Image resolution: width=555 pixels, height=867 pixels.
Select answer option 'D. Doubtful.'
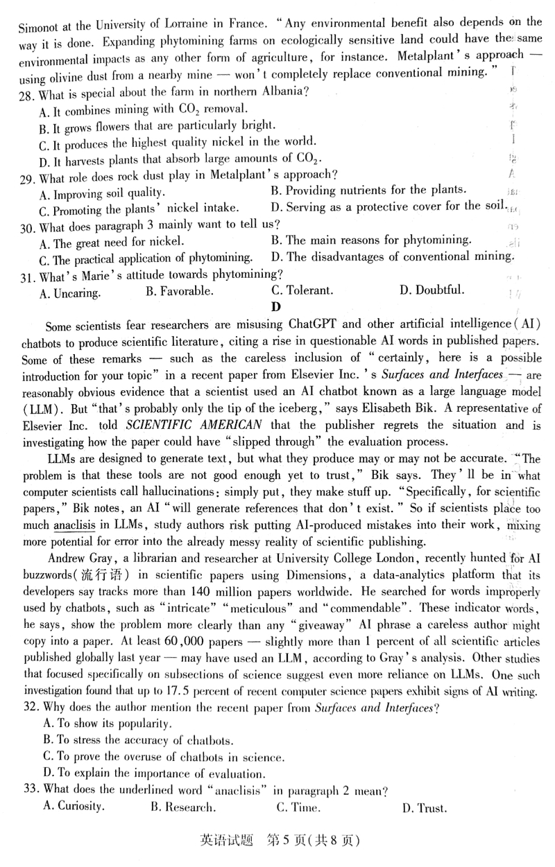432,290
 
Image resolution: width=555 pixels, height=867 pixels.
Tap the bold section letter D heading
276,307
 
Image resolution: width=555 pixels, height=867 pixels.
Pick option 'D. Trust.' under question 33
424,807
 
